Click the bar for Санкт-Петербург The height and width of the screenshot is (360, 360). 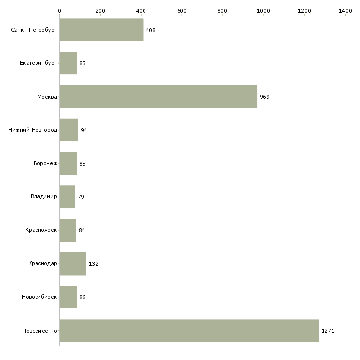(101, 30)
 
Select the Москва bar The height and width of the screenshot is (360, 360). (158, 97)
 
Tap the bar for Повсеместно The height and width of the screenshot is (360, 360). (189, 330)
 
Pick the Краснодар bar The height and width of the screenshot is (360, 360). (72, 264)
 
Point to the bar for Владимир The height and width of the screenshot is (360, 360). (67, 197)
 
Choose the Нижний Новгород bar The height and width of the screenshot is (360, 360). (69, 130)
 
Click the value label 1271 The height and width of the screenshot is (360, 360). (328, 331)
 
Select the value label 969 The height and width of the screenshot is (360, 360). (265, 97)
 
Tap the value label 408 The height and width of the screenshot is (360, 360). (150, 30)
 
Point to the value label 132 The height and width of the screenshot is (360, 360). (94, 264)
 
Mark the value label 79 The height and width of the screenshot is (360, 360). (81, 197)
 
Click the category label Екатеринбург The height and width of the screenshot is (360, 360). (38, 63)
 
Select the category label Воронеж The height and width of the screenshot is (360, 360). (45, 163)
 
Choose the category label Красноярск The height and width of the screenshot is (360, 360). (41, 230)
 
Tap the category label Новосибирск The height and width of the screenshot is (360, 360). (39, 297)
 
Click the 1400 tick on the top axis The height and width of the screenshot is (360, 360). (345, 10)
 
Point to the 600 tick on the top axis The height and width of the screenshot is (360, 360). (181, 10)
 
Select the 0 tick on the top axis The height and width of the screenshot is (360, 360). (59, 10)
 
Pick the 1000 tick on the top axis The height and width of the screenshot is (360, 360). (263, 10)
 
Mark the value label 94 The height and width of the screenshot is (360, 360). (84, 130)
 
